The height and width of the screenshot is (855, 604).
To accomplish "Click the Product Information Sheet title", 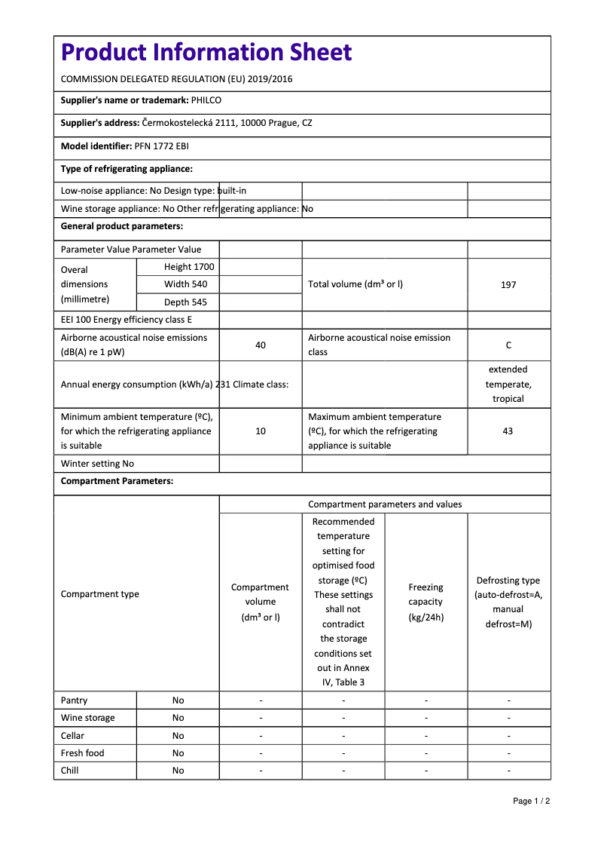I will (206, 53).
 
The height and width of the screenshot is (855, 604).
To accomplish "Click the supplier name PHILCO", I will (206, 100).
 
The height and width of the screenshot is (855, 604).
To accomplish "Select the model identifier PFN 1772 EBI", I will (161, 146).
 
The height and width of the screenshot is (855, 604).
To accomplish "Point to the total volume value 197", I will (508, 285).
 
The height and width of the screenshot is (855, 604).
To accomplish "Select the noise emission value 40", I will (261, 345).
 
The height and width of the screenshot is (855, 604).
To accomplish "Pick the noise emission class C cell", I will (508, 345).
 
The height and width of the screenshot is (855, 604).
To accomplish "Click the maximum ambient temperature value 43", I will (508, 431).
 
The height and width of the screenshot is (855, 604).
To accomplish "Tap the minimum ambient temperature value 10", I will (261, 431).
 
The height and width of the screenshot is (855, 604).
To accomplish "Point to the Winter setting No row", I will (97, 464).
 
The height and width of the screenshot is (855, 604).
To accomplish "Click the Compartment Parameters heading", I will (117, 481).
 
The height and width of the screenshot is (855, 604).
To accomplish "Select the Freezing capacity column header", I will (426, 602).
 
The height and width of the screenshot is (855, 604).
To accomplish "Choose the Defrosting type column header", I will (508, 602).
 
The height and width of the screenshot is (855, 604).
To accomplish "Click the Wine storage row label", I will (88, 718).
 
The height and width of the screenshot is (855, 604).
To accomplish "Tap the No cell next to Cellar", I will (178, 736).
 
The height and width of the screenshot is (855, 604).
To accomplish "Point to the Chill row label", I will (70, 771).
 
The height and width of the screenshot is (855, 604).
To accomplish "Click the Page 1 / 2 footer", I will (531, 801).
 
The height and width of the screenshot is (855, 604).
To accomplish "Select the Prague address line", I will (227, 123).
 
